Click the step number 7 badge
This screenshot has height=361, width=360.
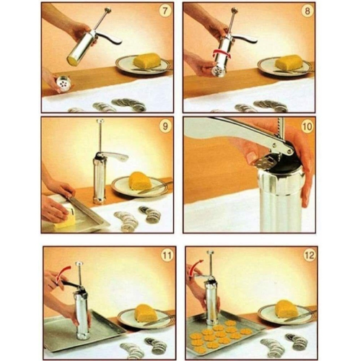[x=165, y=12]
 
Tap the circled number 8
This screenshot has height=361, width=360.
[x=307, y=12]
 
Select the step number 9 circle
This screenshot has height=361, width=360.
[x=165, y=126]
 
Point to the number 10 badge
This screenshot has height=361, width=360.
[x=307, y=126]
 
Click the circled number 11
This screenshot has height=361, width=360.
[x=167, y=256]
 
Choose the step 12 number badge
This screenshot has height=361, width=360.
[x=309, y=256]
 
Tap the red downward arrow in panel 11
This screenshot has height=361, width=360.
[x=62, y=274]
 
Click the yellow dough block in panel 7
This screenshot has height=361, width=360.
[x=146, y=61]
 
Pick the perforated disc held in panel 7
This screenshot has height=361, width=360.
[x=63, y=84]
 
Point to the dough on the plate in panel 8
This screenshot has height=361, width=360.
[x=289, y=62]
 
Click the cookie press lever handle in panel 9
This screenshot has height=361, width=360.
[x=115, y=156]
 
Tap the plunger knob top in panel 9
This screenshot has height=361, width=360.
[x=100, y=121]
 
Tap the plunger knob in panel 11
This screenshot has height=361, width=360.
[x=79, y=264]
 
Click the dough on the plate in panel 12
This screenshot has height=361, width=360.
[x=288, y=308]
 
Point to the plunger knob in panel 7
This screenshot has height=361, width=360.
[x=108, y=10]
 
